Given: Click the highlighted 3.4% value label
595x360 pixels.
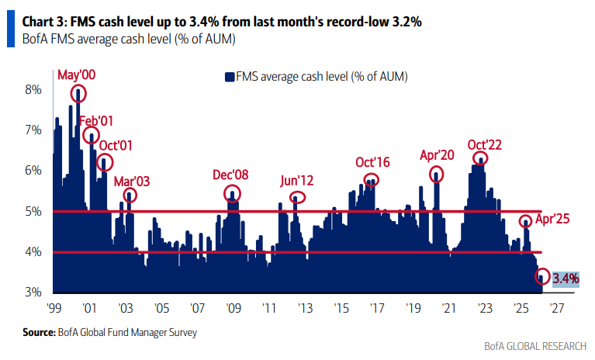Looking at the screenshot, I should [566, 278].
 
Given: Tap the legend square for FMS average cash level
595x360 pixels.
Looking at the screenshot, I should [229, 76].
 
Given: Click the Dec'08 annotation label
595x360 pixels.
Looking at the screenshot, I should [230, 175].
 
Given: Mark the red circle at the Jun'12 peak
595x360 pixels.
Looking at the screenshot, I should [296, 197].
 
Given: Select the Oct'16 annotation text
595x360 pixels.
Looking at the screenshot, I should [373, 162].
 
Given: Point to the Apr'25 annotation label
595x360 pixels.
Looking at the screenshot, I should [552, 219].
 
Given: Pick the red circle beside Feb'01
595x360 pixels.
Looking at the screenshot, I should [92, 137].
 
